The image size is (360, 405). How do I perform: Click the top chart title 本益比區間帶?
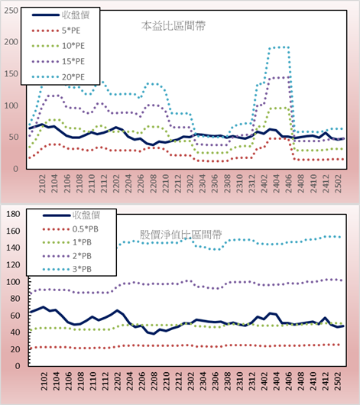174,26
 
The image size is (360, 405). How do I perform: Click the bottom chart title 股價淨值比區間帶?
180,235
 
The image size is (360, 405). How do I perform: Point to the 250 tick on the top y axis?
11,11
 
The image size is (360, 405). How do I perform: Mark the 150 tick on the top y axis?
11,74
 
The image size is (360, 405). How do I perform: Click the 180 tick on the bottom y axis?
13,214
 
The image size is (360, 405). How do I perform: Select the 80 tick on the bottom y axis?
15,299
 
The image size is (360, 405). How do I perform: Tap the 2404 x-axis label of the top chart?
277,183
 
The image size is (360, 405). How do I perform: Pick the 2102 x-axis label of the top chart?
42,183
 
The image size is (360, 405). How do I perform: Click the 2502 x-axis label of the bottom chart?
338,381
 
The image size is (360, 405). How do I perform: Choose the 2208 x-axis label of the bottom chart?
154,381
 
